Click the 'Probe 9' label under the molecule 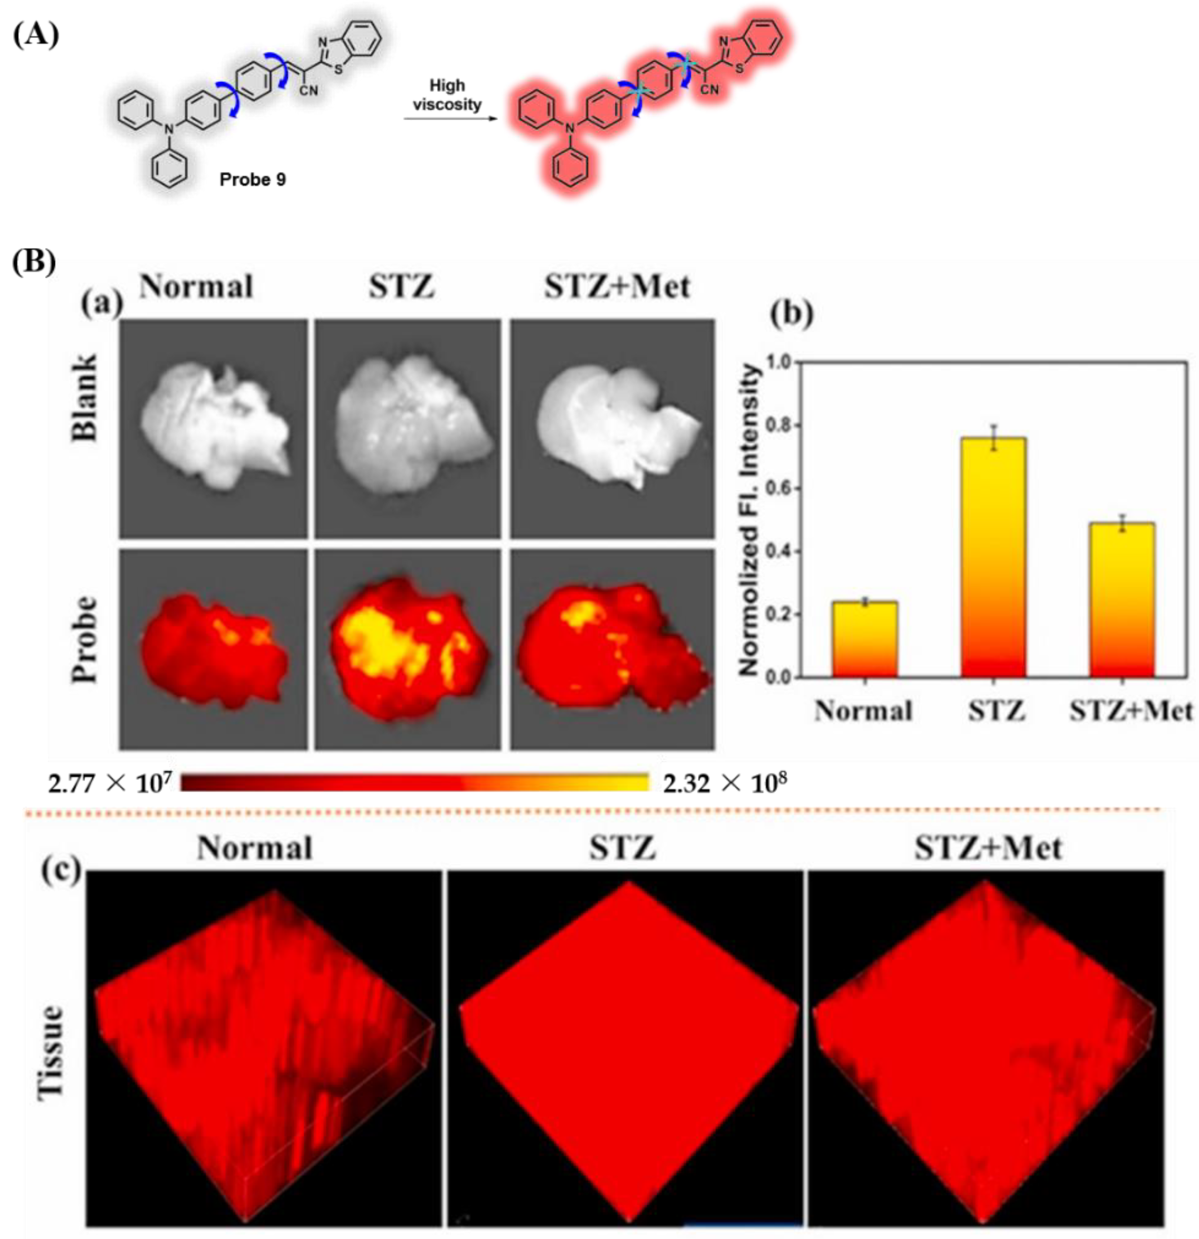coord(252,180)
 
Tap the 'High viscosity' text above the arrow coord(447,95)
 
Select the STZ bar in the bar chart coord(993,556)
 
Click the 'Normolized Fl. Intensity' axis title coord(749,518)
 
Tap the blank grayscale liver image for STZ coord(408,428)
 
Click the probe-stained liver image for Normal coord(213,649)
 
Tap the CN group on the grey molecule coord(309,91)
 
